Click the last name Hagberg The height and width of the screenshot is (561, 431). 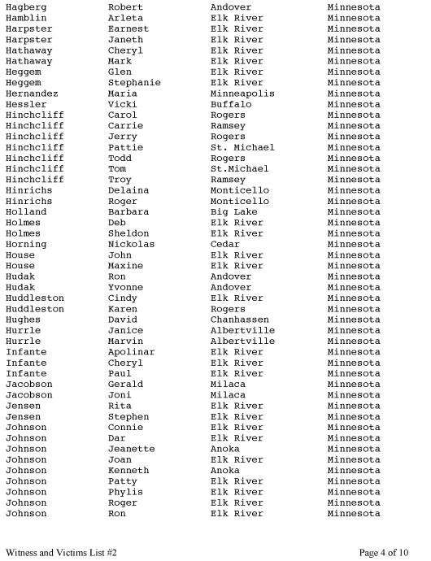pyautogui.click(x=26, y=7)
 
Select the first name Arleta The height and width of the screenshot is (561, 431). pyautogui.click(x=125, y=18)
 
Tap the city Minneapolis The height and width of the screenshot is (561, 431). pyautogui.click(x=242, y=93)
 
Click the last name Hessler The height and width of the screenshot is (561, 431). pyautogui.click(x=26, y=104)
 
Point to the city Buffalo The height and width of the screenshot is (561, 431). pyautogui.click(x=231, y=104)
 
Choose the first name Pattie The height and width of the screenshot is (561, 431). pyautogui.click(x=125, y=147)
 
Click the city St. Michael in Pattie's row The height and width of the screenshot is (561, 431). pyautogui.click(x=242, y=147)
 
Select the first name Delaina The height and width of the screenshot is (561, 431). pyautogui.click(x=128, y=190)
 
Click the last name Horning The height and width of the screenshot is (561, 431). pyautogui.click(x=26, y=244)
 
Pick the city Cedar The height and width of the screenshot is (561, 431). pyautogui.click(x=225, y=244)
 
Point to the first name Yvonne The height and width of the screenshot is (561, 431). pyautogui.click(x=125, y=287)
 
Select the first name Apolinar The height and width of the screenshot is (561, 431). pyautogui.click(x=131, y=352)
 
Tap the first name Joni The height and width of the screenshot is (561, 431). pyautogui.click(x=120, y=395)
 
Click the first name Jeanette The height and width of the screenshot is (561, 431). pyautogui.click(x=131, y=449)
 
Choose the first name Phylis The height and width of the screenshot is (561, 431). pyautogui.click(x=125, y=492)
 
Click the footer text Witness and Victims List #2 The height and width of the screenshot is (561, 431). pyautogui.click(x=61, y=552)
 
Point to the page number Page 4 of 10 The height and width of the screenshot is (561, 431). pyautogui.click(x=384, y=552)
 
